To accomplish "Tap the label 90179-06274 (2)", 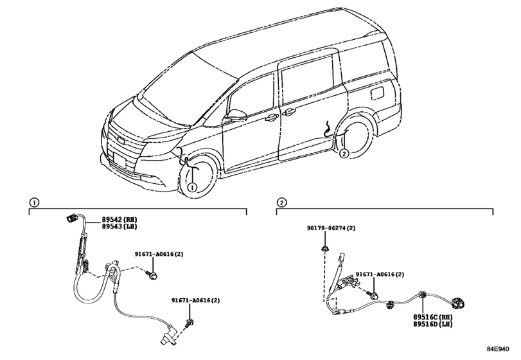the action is (x=331, y=228).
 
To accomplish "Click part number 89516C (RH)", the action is (x=433, y=317).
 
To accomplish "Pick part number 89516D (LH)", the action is (x=433, y=324).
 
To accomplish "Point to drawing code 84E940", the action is (x=498, y=349).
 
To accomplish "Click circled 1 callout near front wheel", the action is (x=192, y=188).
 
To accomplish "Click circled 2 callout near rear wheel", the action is (x=344, y=153).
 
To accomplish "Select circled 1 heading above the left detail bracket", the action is (x=34, y=203).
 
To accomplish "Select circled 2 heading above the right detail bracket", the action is (x=281, y=203).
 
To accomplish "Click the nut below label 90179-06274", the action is (x=324, y=248).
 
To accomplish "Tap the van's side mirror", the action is (x=237, y=115).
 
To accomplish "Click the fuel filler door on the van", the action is (x=378, y=93).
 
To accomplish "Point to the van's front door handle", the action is (x=272, y=116).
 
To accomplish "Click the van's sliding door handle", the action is (x=289, y=112).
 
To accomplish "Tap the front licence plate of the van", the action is (x=119, y=159).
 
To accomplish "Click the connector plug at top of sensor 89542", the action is (x=71, y=219).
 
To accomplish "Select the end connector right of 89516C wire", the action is (x=459, y=303).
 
